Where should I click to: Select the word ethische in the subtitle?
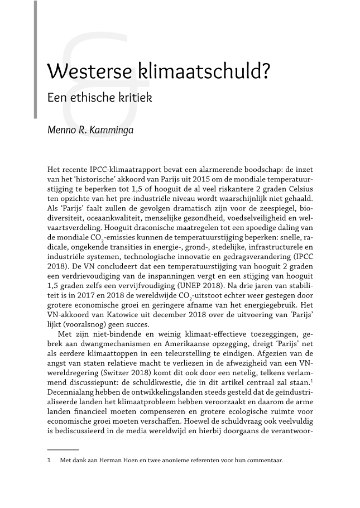(94, 98)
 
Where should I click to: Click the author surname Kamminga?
(112, 133)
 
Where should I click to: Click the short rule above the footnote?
(63, 449)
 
